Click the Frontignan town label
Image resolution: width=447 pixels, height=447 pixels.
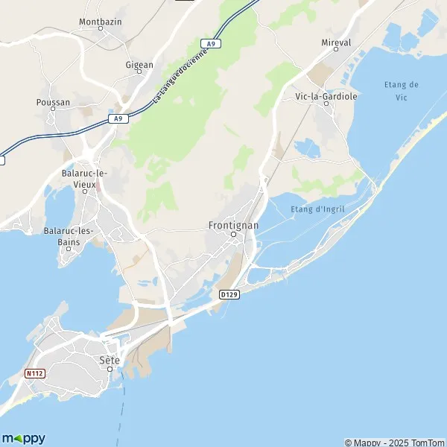233,224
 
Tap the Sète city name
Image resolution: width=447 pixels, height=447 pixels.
110,360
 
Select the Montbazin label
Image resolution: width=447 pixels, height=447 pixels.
100,22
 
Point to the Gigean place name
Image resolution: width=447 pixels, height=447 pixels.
139,65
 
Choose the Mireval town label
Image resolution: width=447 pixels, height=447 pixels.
336,43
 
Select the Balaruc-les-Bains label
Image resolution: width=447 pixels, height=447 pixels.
68,235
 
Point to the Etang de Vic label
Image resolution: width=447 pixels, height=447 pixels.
402,90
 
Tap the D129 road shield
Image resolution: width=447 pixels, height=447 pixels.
229,295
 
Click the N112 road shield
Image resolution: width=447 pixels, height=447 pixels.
34,373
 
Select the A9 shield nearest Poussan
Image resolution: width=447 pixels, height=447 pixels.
117,118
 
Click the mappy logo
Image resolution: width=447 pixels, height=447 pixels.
24,438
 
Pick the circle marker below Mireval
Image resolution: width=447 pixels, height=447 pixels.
336,49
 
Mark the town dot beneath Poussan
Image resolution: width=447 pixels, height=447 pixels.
53,109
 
